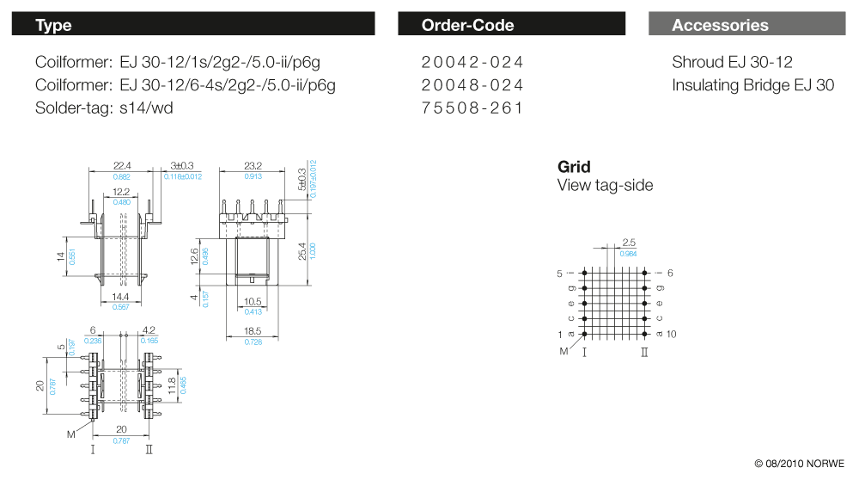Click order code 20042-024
(x=472, y=62)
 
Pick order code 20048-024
(x=472, y=85)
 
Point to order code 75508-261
(x=472, y=108)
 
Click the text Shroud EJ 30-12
(x=732, y=62)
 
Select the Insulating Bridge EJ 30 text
(x=752, y=85)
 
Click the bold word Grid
(x=574, y=166)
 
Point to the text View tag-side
(x=605, y=185)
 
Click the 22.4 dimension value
(x=122, y=165)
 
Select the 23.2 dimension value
(x=253, y=165)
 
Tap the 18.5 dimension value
(x=253, y=331)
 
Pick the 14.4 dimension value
(x=121, y=297)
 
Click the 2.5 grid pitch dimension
(x=629, y=243)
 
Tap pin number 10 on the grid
(x=672, y=334)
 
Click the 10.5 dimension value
(x=253, y=301)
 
